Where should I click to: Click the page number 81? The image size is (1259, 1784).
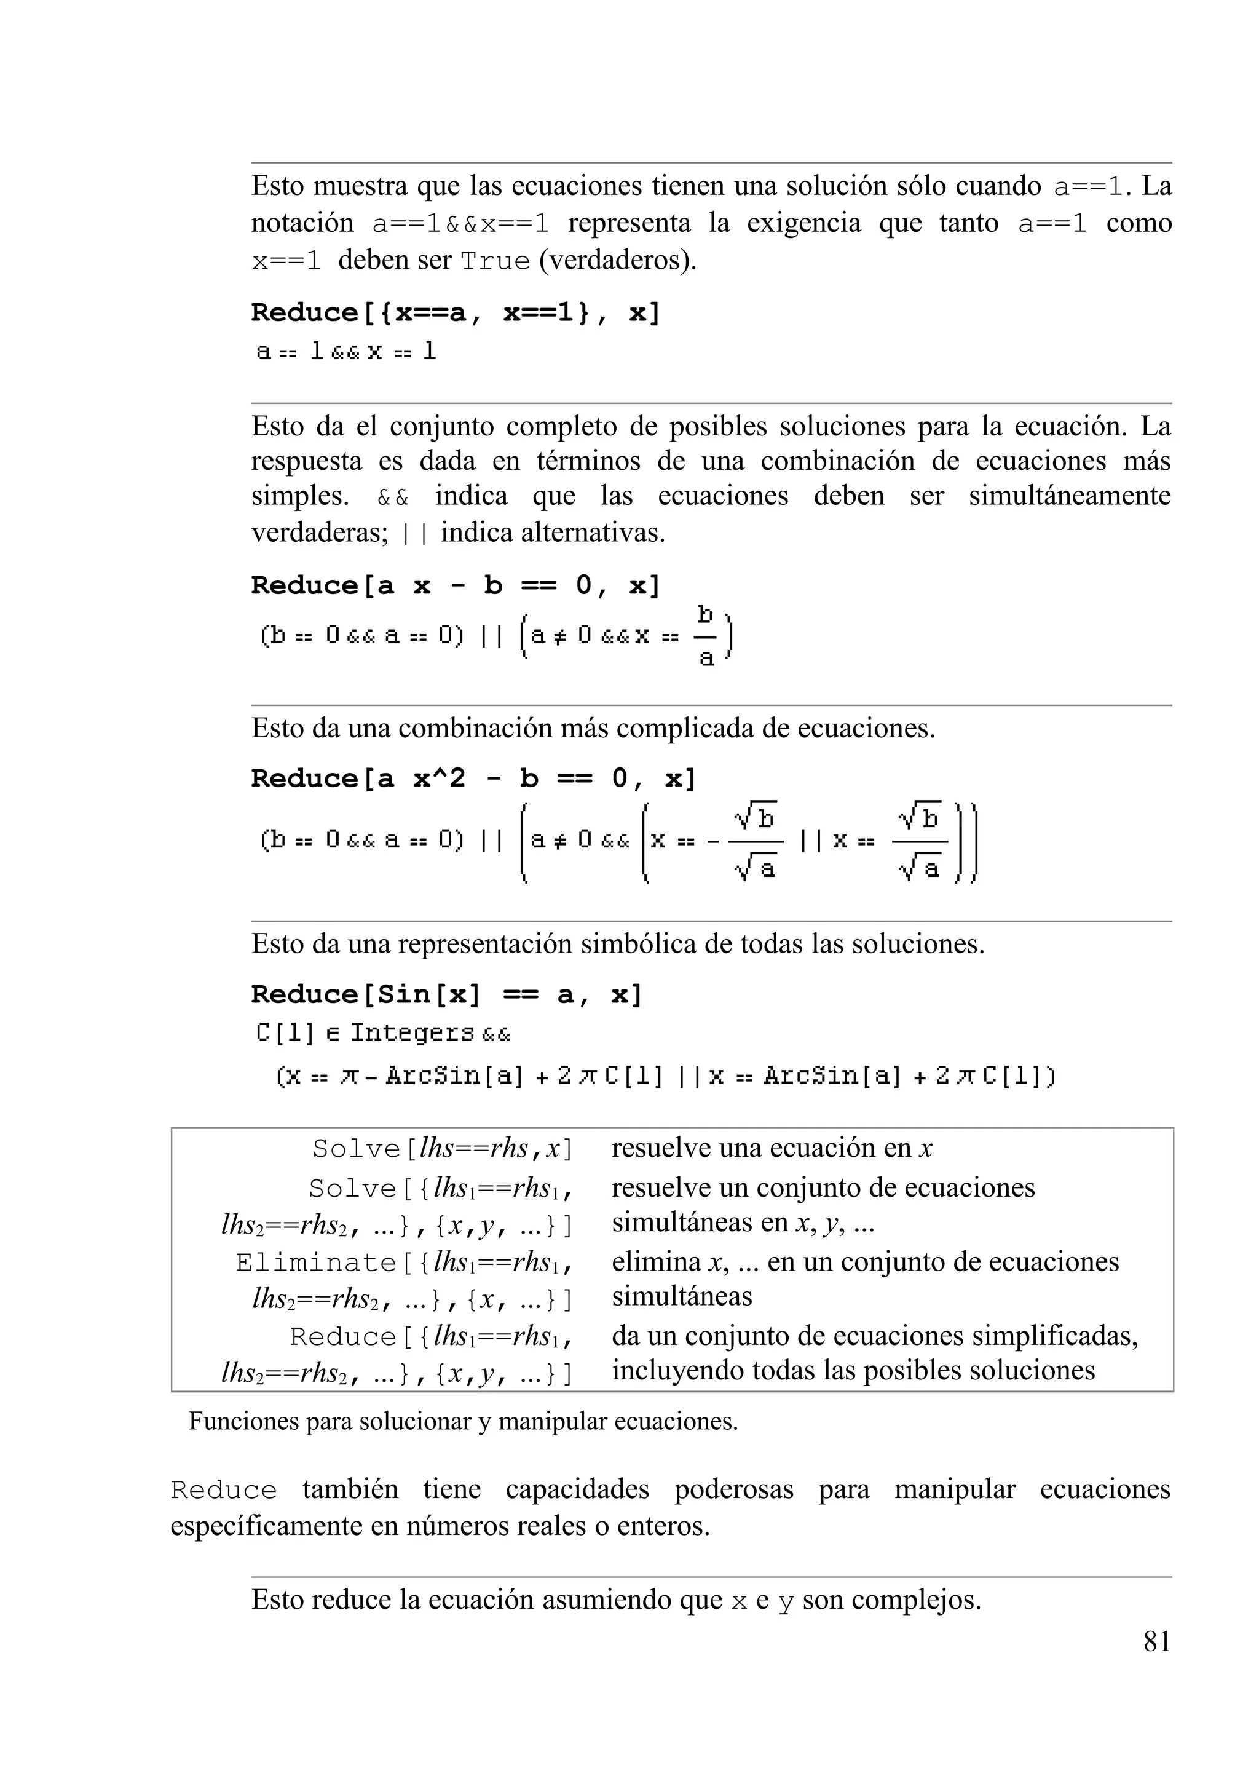click(x=1156, y=1641)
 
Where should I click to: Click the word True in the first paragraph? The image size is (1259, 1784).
click(x=495, y=260)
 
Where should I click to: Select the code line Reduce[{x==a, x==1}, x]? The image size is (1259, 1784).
click(x=455, y=312)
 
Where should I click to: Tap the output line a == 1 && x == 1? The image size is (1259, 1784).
click(x=346, y=352)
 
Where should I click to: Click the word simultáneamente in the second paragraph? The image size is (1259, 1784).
click(x=1068, y=496)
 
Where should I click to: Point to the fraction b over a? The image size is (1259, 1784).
click(x=705, y=636)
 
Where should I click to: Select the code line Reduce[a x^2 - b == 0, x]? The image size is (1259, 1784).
click(x=473, y=778)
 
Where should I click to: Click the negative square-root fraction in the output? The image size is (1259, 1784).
click(x=746, y=841)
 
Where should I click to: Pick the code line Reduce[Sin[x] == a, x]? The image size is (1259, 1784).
click(x=446, y=994)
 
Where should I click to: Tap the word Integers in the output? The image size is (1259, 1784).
click(x=412, y=1033)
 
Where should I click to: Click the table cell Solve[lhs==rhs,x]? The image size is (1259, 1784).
click(x=442, y=1148)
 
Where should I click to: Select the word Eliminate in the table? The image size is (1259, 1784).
click(x=316, y=1263)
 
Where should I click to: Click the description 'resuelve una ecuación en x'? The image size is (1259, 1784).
click(x=772, y=1148)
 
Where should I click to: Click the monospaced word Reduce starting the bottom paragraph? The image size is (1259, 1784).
click(x=224, y=1490)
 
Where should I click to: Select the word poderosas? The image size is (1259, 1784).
click(x=733, y=1489)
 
